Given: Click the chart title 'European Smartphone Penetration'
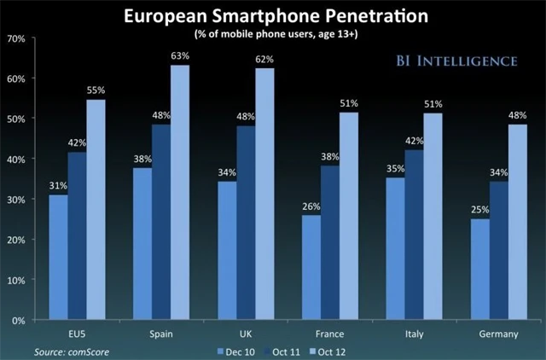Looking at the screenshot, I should (272, 16).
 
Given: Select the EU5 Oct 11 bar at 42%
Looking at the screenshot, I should (78, 235).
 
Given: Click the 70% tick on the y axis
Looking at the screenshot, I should (15, 38).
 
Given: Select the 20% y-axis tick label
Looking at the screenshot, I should (15, 240).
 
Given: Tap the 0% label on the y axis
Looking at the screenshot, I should (18, 320).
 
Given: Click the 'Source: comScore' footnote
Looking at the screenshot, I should (72, 350).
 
